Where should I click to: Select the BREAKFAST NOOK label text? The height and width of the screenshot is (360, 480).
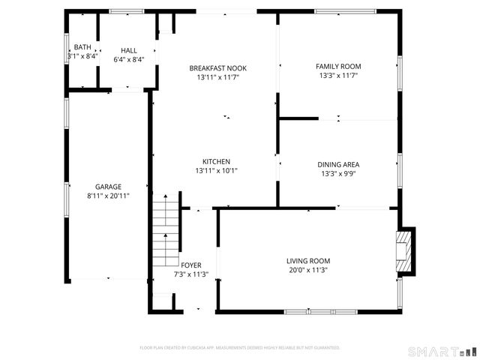tap(217, 68)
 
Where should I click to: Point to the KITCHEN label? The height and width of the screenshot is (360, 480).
tap(216, 161)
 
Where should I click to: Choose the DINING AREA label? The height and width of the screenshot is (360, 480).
tap(339, 164)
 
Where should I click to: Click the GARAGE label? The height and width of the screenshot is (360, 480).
tap(108, 187)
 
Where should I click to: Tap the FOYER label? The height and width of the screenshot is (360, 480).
tap(190, 265)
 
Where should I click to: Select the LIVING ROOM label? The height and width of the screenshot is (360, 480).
tap(308, 261)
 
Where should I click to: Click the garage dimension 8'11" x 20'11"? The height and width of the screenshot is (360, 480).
tap(108, 196)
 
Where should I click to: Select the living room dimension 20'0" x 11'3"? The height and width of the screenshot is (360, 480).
tap(307, 270)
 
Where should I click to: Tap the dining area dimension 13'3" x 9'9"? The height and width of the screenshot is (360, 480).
tap(339, 173)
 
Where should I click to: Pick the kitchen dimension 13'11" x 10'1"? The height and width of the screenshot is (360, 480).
tap(216, 170)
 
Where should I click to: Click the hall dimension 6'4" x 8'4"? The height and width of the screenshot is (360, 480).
tap(129, 59)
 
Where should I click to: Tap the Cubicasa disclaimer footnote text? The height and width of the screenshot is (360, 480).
tap(240, 347)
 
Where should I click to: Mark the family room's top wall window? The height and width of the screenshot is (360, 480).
tap(345, 10)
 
